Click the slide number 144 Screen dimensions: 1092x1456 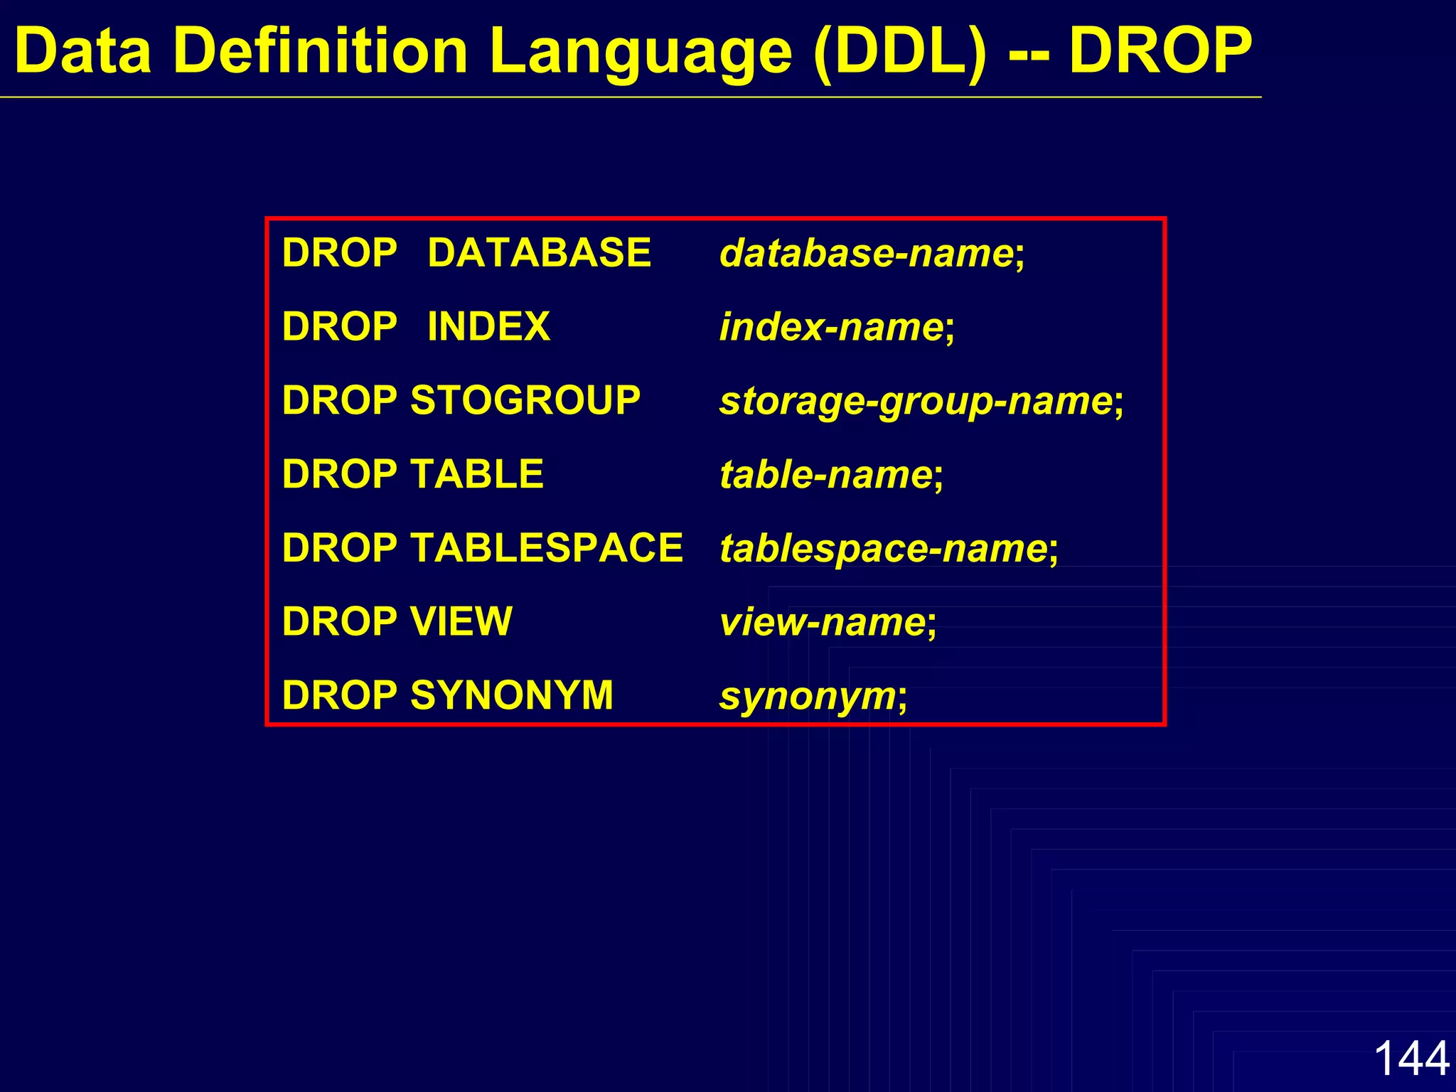pyautogui.click(x=1411, y=1058)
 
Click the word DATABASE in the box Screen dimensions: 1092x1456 pyautogui.click(x=539, y=253)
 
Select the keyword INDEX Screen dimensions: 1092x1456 pyautogui.click(x=488, y=327)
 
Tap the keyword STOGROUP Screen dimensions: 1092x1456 pyautogui.click(x=525, y=400)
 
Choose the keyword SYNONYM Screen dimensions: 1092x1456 pyautogui.click(x=511, y=695)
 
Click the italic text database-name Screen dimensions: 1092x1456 pyautogui.click(x=867, y=254)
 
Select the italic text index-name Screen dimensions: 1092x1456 pyautogui.click(x=831, y=328)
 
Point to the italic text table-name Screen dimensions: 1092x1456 pyautogui.click(x=825, y=475)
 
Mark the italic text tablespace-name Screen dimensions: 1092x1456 pyautogui.click(x=883, y=549)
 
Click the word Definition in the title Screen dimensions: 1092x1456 pyautogui.click(x=320, y=51)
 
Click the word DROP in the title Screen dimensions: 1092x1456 pyautogui.click(x=1160, y=51)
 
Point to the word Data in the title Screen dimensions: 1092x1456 pyautogui.click(x=83, y=51)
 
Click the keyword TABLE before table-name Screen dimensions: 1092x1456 pyautogui.click(x=476, y=474)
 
